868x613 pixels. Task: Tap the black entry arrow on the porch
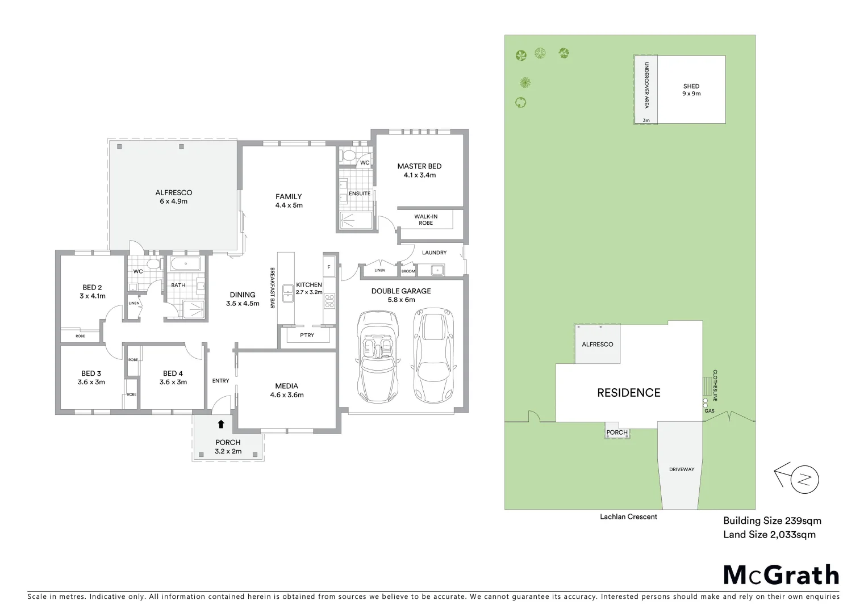click(x=221, y=423)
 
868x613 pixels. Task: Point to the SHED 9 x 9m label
click(x=691, y=90)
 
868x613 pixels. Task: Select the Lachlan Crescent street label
click(x=628, y=517)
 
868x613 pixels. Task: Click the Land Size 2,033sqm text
click(x=769, y=534)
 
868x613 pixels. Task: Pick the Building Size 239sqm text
click(x=772, y=520)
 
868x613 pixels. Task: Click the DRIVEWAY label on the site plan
click(x=682, y=469)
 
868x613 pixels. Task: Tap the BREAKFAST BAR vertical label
click(x=272, y=288)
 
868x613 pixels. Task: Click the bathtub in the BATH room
click(x=185, y=264)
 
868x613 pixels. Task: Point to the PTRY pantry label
click(x=307, y=335)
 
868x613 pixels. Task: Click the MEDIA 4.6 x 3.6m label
click(x=286, y=391)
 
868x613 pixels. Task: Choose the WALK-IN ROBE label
click(x=425, y=220)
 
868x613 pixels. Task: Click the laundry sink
click(x=437, y=270)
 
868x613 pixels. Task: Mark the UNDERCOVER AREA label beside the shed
click(x=646, y=86)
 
